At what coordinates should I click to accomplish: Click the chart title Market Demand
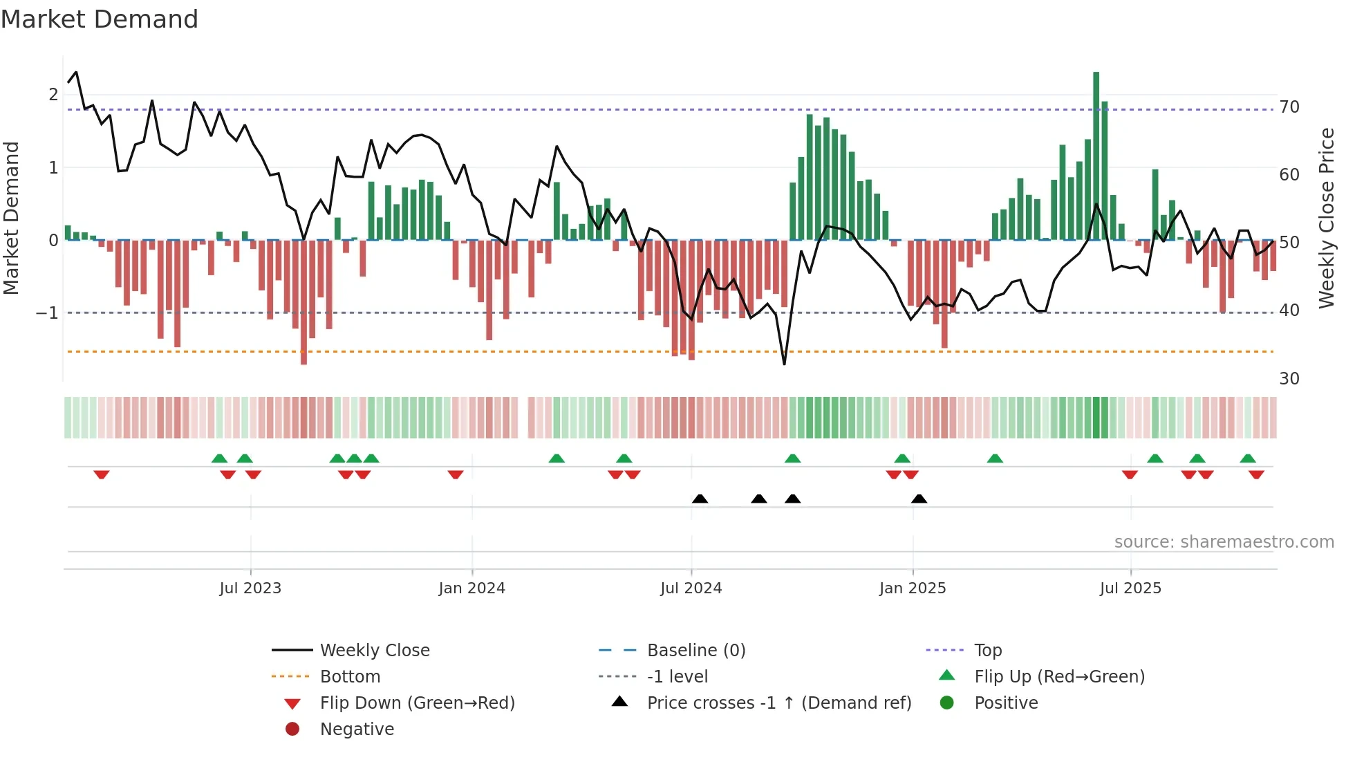click(100, 19)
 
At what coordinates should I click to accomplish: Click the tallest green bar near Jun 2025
click(1096, 156)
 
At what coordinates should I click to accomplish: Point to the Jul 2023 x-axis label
click(250, 588)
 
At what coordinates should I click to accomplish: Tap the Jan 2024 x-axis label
click(471, 588)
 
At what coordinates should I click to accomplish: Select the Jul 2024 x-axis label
click(691, 588)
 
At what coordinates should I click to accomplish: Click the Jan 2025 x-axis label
click(913, 588)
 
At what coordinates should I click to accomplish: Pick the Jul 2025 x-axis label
click(1130, 588)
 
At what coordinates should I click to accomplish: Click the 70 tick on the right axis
click(1289, 107)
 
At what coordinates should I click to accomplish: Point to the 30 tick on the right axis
click(1289, 379)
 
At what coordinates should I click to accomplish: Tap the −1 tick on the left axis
click(47, 313)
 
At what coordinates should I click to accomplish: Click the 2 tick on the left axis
click(53, 95)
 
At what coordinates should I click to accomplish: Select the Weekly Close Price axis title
click(1326, 218)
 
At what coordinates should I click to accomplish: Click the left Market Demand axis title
click(11, 218)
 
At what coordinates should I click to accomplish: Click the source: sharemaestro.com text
click(1224, 542)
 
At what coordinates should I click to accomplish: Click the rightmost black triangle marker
click(919, 499)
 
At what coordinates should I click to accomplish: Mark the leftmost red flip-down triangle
click(102, 474)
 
